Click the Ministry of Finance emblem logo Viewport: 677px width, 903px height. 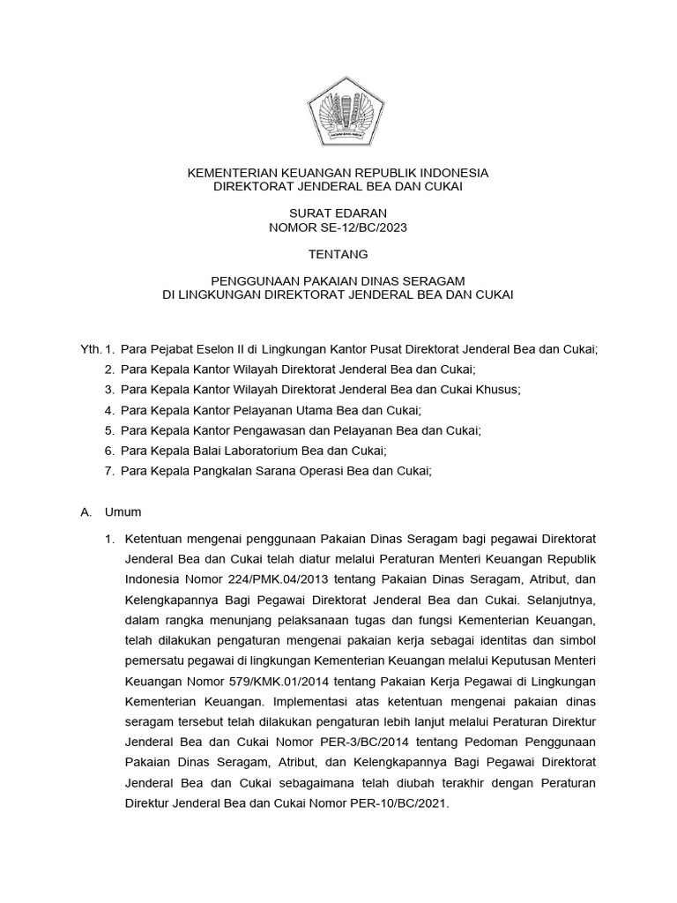pos(338,112)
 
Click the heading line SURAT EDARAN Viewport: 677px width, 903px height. pos(338,213)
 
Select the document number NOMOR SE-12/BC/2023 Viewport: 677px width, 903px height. pos(338,227)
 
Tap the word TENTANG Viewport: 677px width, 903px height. pos(338,254)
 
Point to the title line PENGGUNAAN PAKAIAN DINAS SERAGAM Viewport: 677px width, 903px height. pos(338,280)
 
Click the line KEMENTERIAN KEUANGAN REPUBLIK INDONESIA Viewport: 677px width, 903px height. pos(338,173)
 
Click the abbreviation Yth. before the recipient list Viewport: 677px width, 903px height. pos(91,349)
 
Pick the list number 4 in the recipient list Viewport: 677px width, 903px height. pos(108,410)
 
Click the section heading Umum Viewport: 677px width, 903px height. pos(123,511)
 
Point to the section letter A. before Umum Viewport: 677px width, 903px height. pos(86,511)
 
